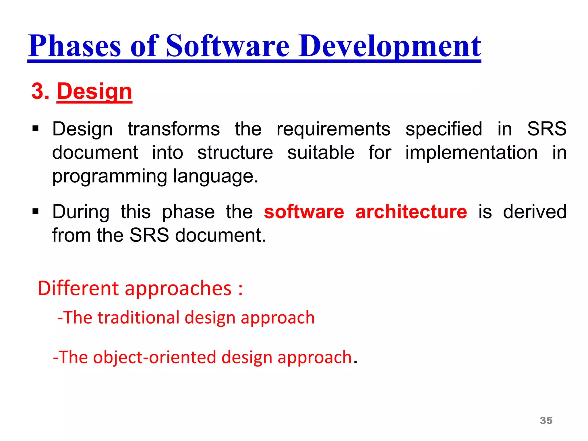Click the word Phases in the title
click(75, 46)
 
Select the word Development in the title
click(390, 46)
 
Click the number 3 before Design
click(37, 91)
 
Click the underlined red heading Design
click(94, 91)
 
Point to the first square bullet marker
click(36, 128)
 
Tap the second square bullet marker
click(36, 212)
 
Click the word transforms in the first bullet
click(174, 129)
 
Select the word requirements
click(333, 129)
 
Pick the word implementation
click(471, 152)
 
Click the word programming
click(109, 176)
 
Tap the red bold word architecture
click(411, 212)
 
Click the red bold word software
click(304, 212)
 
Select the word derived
click(535, 212)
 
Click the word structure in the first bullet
click(235, 152)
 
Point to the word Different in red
click(78, 288)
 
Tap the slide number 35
click(546, 420)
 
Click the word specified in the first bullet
click(444, 129)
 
